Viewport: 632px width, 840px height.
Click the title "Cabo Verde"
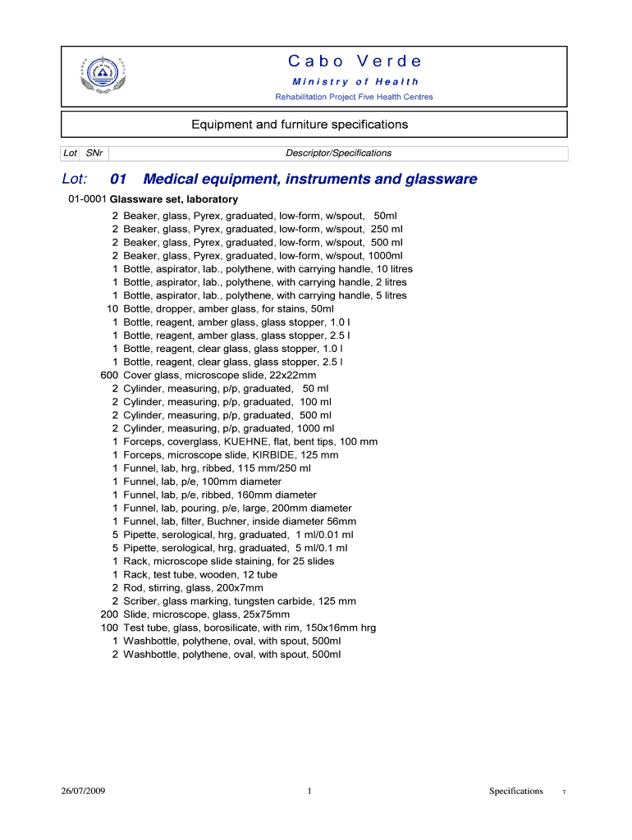pos(355,62)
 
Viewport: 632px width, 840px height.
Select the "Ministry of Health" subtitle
pos(355,81)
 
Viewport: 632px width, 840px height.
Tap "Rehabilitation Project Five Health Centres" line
pos(354,97)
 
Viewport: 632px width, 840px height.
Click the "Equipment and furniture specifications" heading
pos(300,125)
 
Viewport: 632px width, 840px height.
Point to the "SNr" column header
pos(94,153)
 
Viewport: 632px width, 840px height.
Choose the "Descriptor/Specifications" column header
pos(338,153)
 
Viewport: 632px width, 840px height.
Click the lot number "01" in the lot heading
pos(118,179)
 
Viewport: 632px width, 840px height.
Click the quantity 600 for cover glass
pos(109,375)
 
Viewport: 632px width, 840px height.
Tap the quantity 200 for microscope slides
pos(109,614)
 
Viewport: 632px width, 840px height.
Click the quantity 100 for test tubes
pos(109,628)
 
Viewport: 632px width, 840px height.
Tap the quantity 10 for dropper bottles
pos(112,308)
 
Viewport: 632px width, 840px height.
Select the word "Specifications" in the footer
pos(515,791)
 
